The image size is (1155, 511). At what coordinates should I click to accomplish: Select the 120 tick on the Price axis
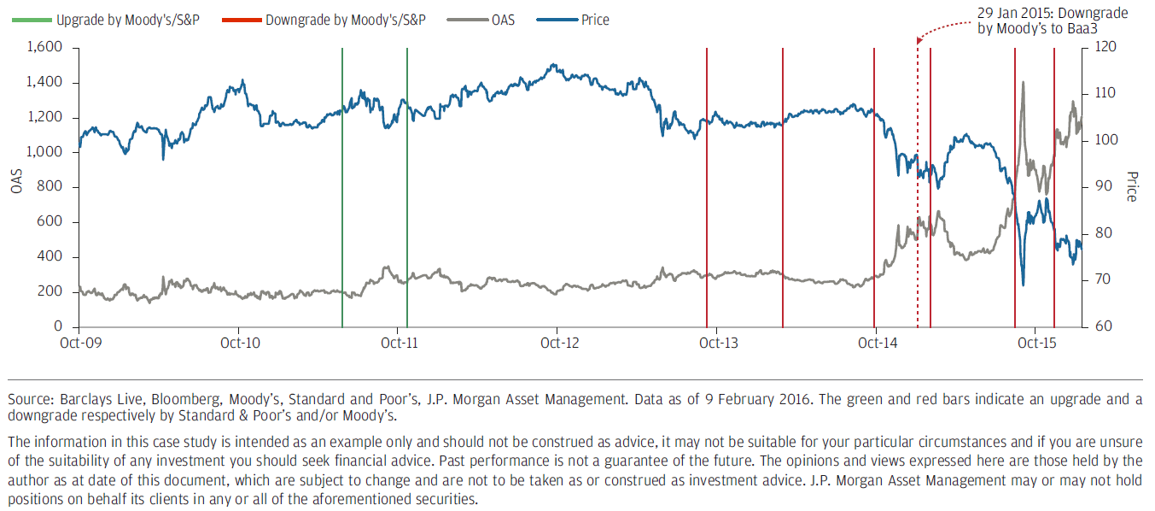click(1096, 48)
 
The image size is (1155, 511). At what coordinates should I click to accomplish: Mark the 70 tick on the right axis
click(1094, 280)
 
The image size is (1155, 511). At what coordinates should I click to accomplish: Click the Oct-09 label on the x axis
click(78, 343)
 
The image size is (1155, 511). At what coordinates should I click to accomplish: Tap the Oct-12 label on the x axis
click(557, 343)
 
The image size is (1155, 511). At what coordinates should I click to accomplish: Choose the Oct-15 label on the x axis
click(1034, 343)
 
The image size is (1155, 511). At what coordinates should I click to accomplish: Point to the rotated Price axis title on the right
click(1131, 187)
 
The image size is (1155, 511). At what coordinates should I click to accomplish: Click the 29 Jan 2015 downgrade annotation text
click(1053, 21)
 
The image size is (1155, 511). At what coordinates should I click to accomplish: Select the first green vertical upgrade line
click(342, 188)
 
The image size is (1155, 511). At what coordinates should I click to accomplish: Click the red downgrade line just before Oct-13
click(707, 188)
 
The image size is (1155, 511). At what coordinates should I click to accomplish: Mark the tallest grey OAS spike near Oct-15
click(1023, 83)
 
